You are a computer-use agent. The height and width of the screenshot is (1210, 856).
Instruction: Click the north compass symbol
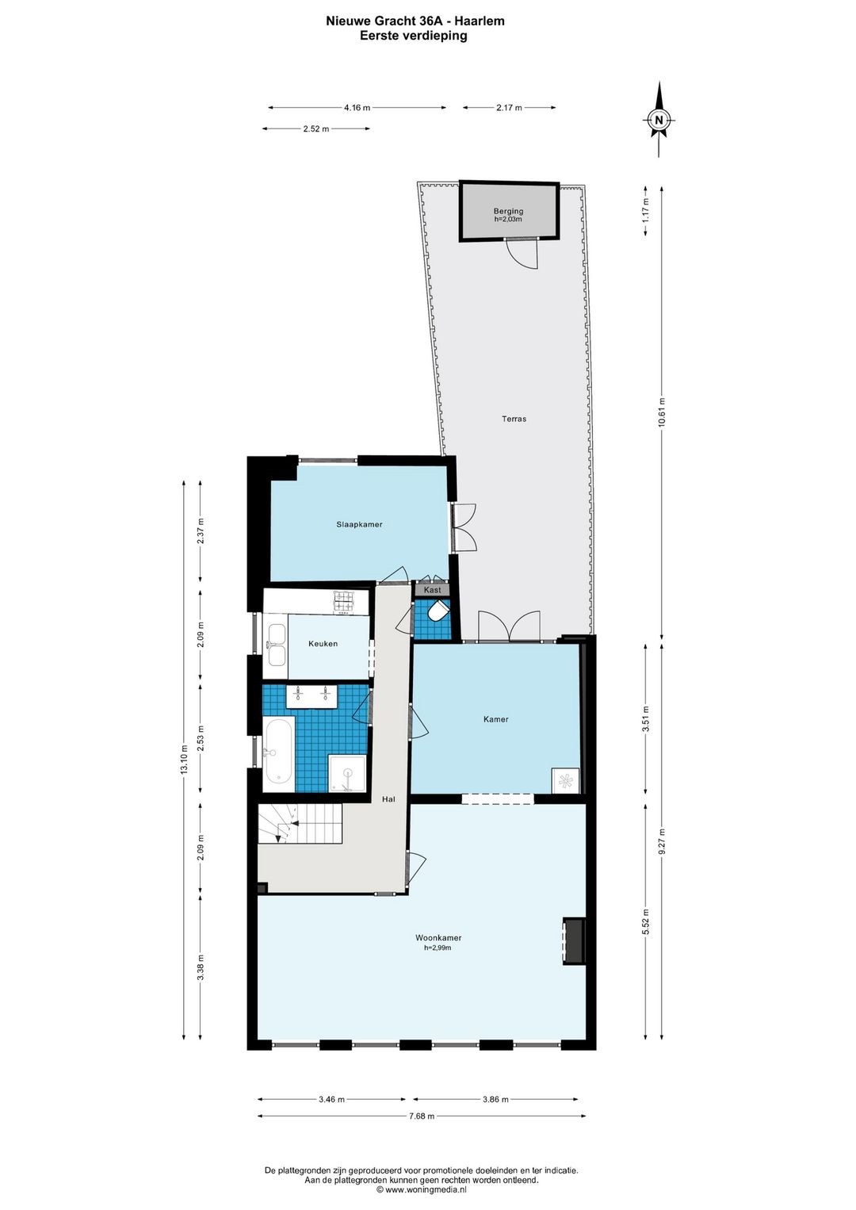point(658,121)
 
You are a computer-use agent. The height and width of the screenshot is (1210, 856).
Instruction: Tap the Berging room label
point(508,212)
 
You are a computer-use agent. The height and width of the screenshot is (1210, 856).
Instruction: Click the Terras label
point(514,419)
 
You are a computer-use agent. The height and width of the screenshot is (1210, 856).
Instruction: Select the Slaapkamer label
point(359,524)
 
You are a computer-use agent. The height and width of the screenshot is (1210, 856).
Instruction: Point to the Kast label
point(432,590)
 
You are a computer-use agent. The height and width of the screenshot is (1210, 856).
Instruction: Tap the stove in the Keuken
point(344,602)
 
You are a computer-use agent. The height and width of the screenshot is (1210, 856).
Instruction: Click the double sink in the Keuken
point(276,645)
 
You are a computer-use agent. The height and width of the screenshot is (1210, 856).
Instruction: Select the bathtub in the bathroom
point(279,750)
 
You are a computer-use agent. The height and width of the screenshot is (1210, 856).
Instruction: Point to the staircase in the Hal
point(300,825)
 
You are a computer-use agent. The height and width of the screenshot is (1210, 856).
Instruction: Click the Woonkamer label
point(438,938)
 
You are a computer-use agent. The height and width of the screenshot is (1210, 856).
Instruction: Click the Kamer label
point(495,719)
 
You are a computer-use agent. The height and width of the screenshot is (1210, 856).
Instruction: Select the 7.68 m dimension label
point(422,1116)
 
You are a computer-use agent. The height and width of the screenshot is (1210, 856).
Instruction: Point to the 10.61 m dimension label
point(662,412)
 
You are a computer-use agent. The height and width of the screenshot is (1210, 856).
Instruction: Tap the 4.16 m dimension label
point(357,108)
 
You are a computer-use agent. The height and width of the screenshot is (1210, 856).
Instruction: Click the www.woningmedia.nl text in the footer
point(426,1189)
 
